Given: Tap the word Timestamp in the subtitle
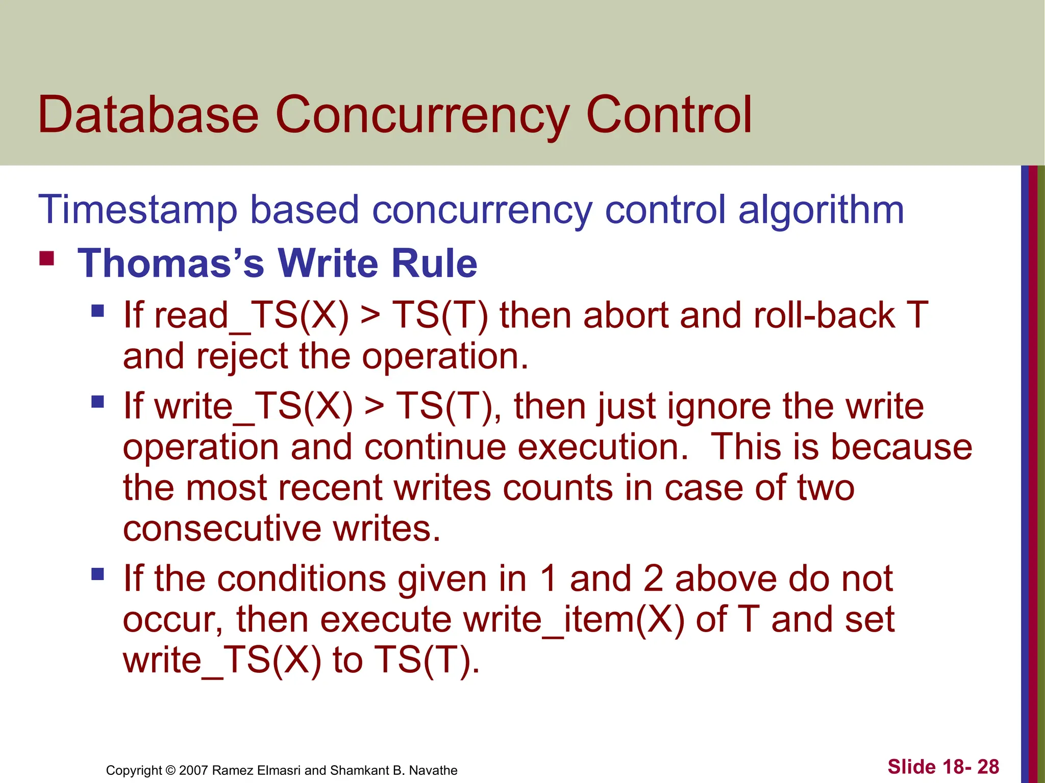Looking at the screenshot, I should point(138,210).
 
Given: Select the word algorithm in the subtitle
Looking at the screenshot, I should point(821,210).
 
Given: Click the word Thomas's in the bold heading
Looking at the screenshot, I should point(171,264).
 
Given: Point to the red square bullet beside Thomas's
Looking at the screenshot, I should point(47,258).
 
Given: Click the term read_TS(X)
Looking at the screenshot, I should point(252,316).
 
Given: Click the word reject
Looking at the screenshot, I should point(242,356).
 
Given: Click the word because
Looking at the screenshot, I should point(902,447).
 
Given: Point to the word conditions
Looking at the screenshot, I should point(302,579).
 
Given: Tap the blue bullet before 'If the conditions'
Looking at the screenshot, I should point(97,575).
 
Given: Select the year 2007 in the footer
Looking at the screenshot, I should point(194,770).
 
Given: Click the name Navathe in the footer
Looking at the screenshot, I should point(434,770).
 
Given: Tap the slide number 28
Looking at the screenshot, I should point(988,767).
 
